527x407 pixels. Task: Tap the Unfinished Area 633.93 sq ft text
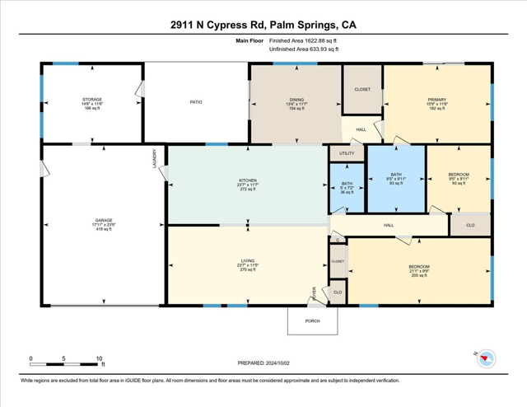pyautogui.click(x=305, y=49)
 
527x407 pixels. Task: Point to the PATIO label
pyautogui.click(x=196, y=102)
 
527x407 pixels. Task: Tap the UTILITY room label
pyautogui.click(x=347, y=153)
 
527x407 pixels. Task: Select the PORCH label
pyautogui.click(x=312, y=321)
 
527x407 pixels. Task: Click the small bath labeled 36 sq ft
pyautogui.click(x=347, y=188)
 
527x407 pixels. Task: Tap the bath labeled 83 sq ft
pyautogui.click(x=396, y=178)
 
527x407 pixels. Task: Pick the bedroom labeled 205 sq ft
pyautogui.click(x=419, y=271)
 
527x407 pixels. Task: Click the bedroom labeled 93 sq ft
pyautogui.click(x=458, y=178)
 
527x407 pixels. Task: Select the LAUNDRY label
pyautogui.click(x=154, y=158)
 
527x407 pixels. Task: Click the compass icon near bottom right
pyautogui.click(x=487, y=358)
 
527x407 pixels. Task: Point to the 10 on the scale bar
pyautogui.click(x=100, y=359)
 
